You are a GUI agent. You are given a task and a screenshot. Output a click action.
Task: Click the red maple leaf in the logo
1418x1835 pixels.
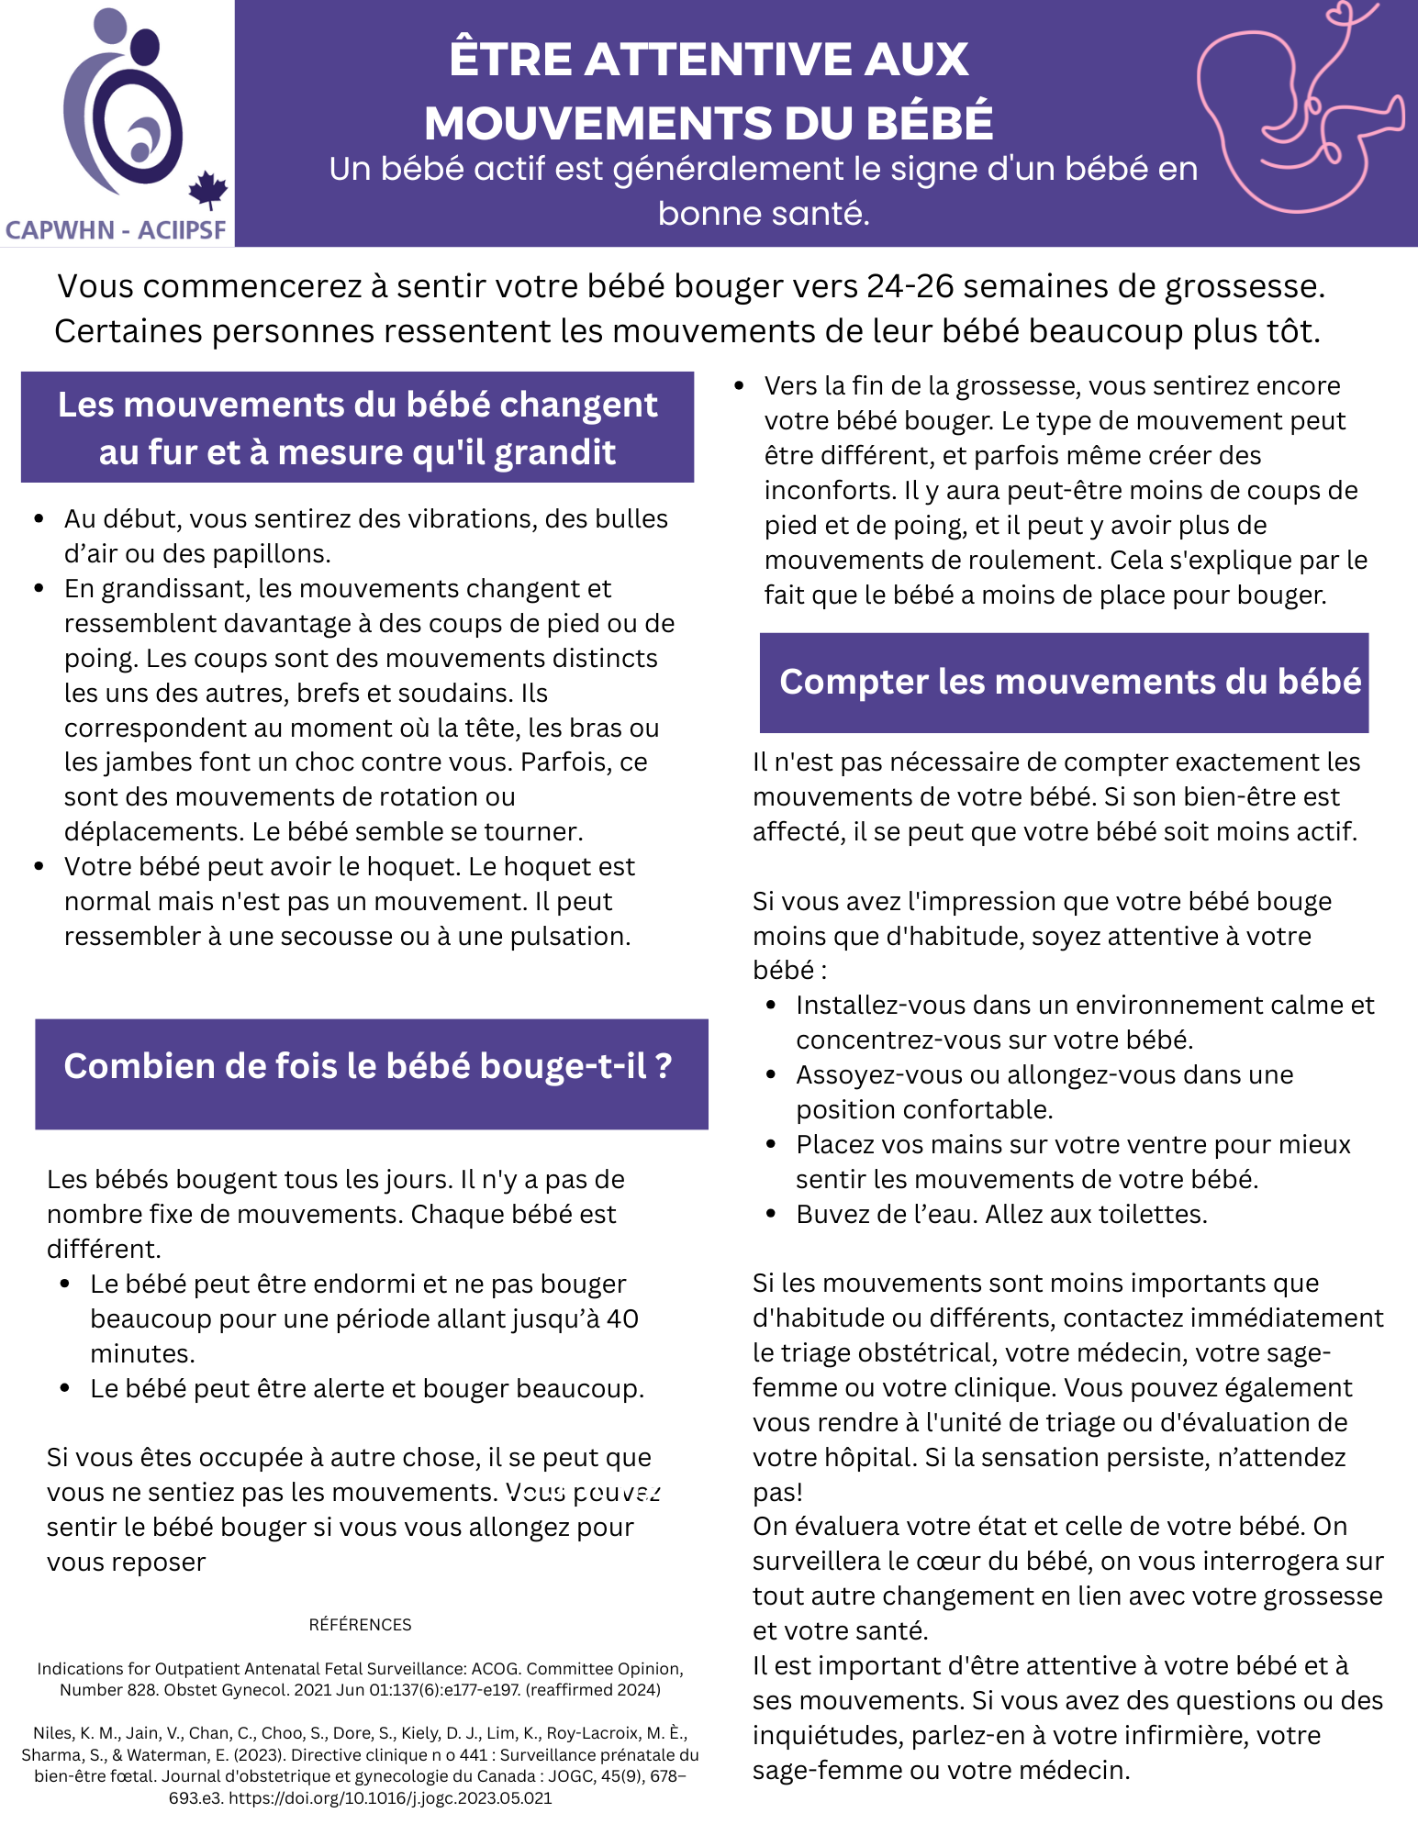tap(207, 190)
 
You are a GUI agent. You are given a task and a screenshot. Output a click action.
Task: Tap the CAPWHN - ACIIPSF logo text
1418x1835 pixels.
tap(116, 229)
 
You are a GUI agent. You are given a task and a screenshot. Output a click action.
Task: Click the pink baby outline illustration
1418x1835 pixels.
tap(1299, 110)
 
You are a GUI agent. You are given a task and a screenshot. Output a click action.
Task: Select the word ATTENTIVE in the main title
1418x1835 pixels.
tap(708, 60)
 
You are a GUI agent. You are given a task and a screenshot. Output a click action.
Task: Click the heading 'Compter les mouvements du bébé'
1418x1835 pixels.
tap(1069, 682)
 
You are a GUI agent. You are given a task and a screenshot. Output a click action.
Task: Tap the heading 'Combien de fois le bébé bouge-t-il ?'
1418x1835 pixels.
tap(368, 1066)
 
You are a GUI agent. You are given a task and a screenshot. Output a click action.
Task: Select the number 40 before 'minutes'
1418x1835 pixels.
tap(622, 1318)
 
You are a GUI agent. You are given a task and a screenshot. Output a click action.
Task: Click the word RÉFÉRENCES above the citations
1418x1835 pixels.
tap(360, 1625)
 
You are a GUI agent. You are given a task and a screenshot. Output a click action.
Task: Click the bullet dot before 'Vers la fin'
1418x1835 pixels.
tap(740, 386)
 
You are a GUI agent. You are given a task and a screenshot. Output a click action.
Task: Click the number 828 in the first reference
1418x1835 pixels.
tap(142, 1690)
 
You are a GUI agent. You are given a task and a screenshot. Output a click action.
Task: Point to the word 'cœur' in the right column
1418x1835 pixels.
tap(991, 1561)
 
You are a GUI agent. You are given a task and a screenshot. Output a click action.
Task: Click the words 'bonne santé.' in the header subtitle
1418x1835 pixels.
tap(764, 213)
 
